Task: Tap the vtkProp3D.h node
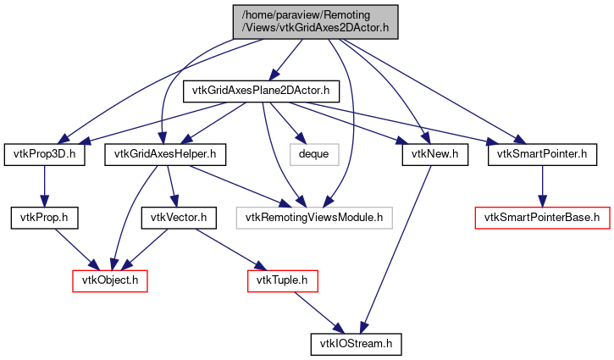(45, 154)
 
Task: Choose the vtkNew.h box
(429, 154)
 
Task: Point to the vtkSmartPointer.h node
(536, 154)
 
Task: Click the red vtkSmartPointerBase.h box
(542, 218)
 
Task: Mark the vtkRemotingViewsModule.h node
(314, 218)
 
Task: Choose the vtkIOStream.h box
(357, 345)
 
